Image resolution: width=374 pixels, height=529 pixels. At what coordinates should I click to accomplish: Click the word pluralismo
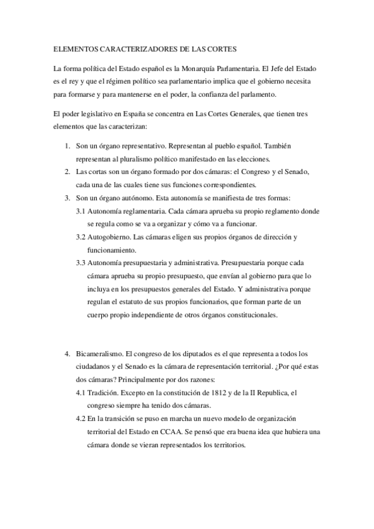pos(135,158)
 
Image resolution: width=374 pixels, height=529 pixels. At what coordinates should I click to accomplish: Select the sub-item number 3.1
pos(81,211)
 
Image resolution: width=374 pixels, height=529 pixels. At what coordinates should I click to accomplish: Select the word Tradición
pos(104,392)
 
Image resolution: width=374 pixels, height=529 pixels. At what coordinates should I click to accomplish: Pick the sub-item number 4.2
pos(81,419)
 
